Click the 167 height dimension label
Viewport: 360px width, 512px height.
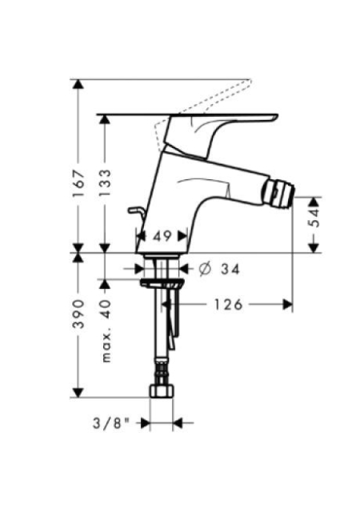(78, 183)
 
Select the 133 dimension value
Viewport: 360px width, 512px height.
(105, 183)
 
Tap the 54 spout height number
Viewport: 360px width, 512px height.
(315, 218)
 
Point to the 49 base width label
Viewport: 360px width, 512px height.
(162, 236)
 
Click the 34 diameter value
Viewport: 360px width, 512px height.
(230, 270)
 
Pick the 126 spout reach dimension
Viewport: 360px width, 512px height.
(228, 305)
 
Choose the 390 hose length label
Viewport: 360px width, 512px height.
(78, 314)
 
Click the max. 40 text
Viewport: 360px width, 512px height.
(106, 330)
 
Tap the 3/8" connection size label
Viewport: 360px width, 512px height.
(111, 424)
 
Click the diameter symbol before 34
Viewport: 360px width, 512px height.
(205, 270)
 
